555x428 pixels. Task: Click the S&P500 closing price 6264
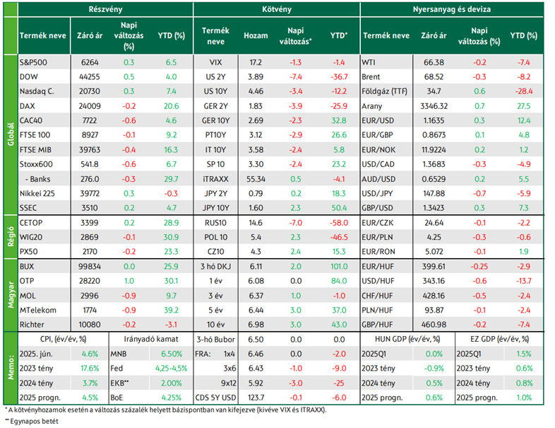(x=90, y=62)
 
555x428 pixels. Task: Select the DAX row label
(x=28, y=106)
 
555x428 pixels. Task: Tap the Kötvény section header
(x=276, y=9)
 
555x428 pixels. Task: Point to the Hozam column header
(x=256, y=35)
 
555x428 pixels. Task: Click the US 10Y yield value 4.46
(x=256, y=91)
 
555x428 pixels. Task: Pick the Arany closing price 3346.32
(x=434, y=106)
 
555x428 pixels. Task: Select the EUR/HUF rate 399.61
(x=434, y=266)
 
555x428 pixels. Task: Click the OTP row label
(x=27, y=281)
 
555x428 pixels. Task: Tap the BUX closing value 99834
(x=90, y=266)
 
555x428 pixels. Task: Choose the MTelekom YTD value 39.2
(x=171, y=310)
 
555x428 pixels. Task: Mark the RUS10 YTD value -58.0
(x=339, y=223)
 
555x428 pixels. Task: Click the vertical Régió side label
(x=11, y=236)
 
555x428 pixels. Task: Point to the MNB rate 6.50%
(x=172, y=354)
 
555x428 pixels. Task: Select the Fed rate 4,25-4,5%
(x=172, y=369)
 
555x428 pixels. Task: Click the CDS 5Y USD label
(x=215, y=398)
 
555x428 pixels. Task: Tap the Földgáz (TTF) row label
(x=384, y=91)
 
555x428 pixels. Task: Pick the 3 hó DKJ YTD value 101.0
(x=339, y=266)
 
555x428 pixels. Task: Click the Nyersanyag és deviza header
(x=452, y=9)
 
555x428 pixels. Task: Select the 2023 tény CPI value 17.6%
(x=90, y=369)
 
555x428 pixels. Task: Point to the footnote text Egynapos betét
(x=34, y=421)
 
